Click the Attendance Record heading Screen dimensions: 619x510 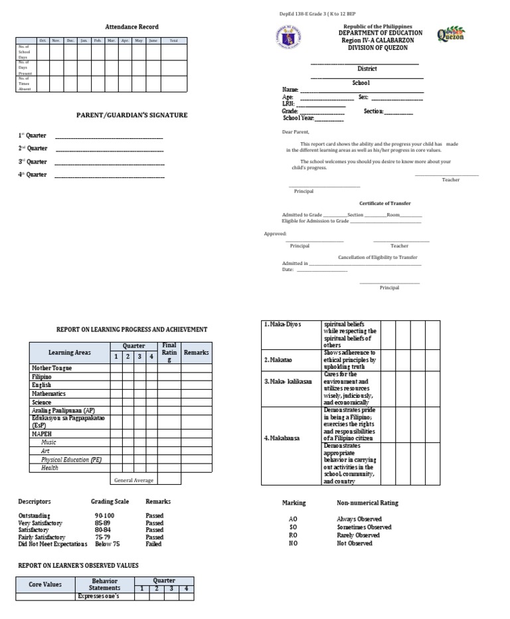(x=132, y=27)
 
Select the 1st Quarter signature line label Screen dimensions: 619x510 (x=32, y=136)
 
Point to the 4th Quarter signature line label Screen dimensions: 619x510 (x=32, y=175)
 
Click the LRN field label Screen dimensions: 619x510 (x=288, y=104)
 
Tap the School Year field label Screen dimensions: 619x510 (x=298, y=118)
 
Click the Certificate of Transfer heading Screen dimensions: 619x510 (x=384, y=203)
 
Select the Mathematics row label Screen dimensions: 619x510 (x=48, y=394)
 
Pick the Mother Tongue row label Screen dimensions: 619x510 (x=52, y=368)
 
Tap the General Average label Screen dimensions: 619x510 (x=133, y=480)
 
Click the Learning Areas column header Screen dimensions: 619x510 (x=70, y=353)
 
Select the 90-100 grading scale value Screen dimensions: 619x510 (x=104, y=515)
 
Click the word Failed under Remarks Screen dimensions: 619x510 (x=153, y=544)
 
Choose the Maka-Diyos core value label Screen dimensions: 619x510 (x=283, y=325)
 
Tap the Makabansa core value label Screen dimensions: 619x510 (x=283, y=438)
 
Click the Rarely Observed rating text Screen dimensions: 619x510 (x=359, y=535)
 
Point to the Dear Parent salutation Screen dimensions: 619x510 (x=296, y=132)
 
